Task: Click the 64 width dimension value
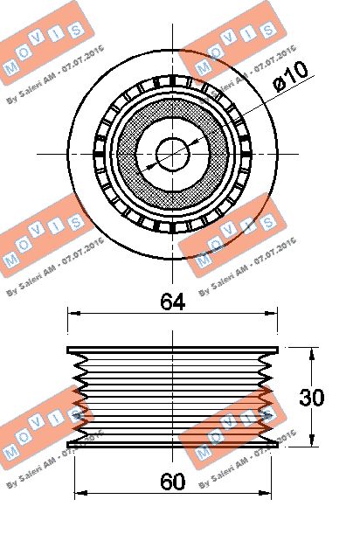click(x=173, y=302)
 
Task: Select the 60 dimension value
click(x=173, y=480)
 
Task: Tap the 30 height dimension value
click(x=312, y=398)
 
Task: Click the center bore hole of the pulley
click(x=173, y=155)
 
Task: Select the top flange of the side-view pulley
click(x=173, y=350)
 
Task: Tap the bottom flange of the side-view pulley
click(x=173, y=442)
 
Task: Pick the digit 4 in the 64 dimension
click(x=180, y=302)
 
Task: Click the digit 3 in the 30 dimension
click(x=305, y=398)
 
